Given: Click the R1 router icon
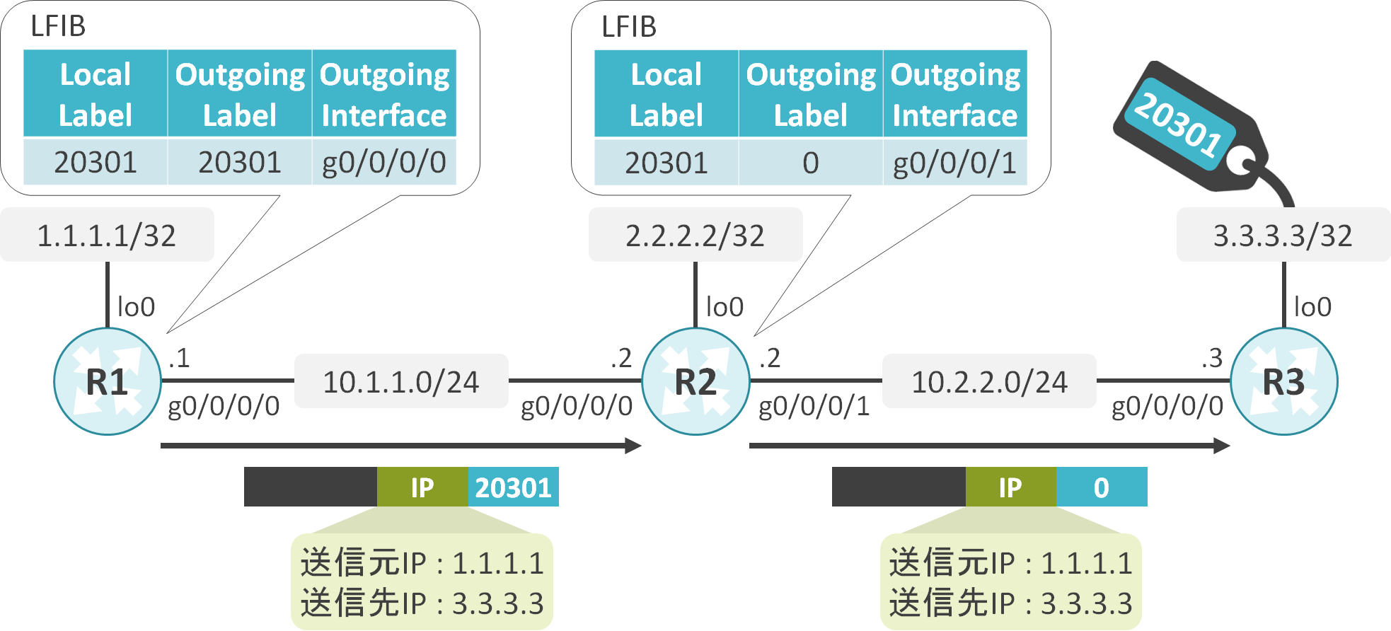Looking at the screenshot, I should (108, 381).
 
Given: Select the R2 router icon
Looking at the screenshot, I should (695, 381).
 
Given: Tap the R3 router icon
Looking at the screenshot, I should (1283, 381).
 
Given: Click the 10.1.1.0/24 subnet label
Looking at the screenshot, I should (401, 382).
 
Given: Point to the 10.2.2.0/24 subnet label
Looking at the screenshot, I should (989, 382).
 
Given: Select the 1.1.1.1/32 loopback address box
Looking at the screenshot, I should (107, 236).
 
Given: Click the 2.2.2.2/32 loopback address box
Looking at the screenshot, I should (695, 236).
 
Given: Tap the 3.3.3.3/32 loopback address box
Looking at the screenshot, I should (1283, 236).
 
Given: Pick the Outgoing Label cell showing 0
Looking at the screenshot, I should (811, 163).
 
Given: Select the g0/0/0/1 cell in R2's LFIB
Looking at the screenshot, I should (954, 163).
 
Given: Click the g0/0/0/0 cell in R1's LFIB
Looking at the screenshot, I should (383, 163).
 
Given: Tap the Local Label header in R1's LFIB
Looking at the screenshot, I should (96, 94).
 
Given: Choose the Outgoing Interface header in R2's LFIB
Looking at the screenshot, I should (954, 94).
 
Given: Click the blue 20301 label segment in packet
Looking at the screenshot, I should (513, 487).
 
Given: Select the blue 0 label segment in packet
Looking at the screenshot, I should (1101, 487).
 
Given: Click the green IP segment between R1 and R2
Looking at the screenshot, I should (422, 487).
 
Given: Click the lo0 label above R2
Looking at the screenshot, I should (725, 307).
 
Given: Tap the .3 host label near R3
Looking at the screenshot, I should (1212, 358).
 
